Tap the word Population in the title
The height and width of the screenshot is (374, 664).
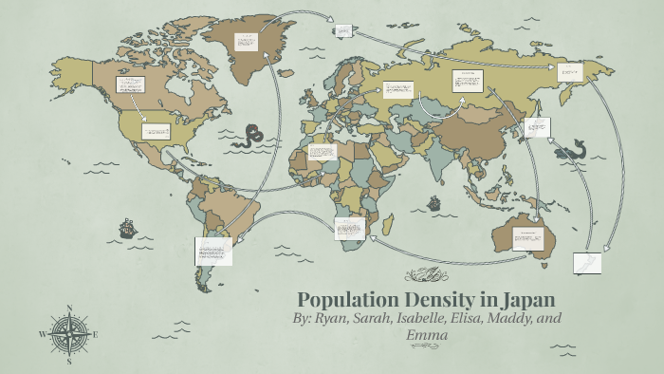[x=350, y=297]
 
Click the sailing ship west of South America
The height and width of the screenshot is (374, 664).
[x=126, y=228]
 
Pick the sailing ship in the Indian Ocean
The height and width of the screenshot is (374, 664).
[x=433, y=202]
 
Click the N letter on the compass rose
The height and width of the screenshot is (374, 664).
[x=69, y=308]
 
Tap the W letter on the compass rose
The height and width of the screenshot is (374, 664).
[x=42, y=334]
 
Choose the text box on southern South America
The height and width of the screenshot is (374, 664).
[x=213, y=251]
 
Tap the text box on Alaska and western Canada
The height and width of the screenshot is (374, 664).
[x=129, y=84]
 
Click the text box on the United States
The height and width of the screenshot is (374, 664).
[x=156, y=131]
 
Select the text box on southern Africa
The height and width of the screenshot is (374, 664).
[x=349, y=228]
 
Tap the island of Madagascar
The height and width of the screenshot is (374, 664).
[x=388, y=223]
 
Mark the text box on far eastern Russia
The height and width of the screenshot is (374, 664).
[x=569, y=72]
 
